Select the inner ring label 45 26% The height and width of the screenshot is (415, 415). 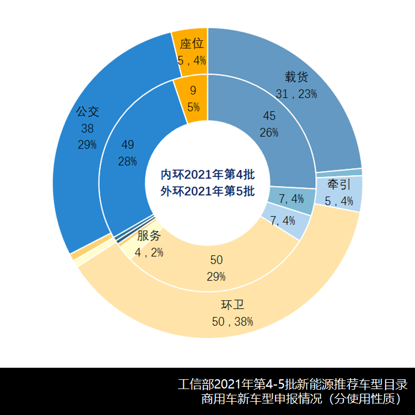269,124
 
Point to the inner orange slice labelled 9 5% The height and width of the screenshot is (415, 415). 193,99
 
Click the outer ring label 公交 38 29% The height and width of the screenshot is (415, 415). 87,128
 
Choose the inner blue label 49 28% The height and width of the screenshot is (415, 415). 127,153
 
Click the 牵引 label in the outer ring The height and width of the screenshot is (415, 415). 339,193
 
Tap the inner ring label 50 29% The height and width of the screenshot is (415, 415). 216,268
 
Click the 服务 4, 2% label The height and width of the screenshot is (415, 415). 149,244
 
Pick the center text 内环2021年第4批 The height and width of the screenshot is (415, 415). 207,174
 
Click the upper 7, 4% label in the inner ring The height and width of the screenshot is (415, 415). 291,199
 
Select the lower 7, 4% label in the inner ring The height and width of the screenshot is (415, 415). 282,220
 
